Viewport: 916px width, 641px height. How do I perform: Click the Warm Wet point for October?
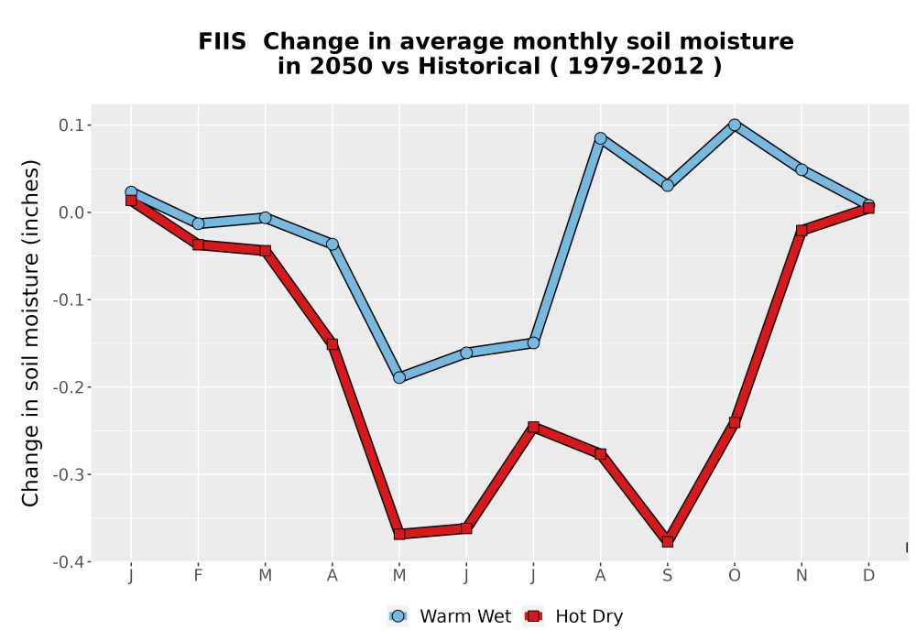(x=735, y=125)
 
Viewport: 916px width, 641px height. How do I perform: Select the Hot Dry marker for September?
(x=667, y=542)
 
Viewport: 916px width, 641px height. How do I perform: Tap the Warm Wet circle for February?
(x=198, y=223)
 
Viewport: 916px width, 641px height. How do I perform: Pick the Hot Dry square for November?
(x=801, y=231)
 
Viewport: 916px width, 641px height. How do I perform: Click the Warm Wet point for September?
(x=667, y=186)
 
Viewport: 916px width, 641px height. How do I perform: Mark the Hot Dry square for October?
(x=735, y=422)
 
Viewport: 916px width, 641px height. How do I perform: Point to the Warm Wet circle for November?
(x=801, y=170)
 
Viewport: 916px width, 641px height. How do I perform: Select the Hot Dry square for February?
(x=198, y=244)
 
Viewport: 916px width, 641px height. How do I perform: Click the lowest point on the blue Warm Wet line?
(x=399, y=377)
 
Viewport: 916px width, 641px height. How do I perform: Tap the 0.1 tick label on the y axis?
(x=71, y=125)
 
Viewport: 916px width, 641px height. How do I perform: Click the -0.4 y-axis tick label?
(x=68, y=562)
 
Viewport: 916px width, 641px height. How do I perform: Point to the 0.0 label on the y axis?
(x=71, y=212)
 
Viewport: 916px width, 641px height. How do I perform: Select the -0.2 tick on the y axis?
(x=68, y=387)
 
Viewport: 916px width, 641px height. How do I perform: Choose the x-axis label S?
(x=667, y=576)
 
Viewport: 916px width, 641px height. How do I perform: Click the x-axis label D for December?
(x=868, y=576)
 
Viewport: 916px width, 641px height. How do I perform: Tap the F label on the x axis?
(x=198, y=576)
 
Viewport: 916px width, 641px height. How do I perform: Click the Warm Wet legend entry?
(x=449, y=616)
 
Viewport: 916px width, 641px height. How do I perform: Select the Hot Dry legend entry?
(x=574, y=616)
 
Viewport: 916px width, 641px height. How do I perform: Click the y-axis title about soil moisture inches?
(x=30, y=332)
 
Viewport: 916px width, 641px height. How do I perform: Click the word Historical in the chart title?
(x=479, y=66)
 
